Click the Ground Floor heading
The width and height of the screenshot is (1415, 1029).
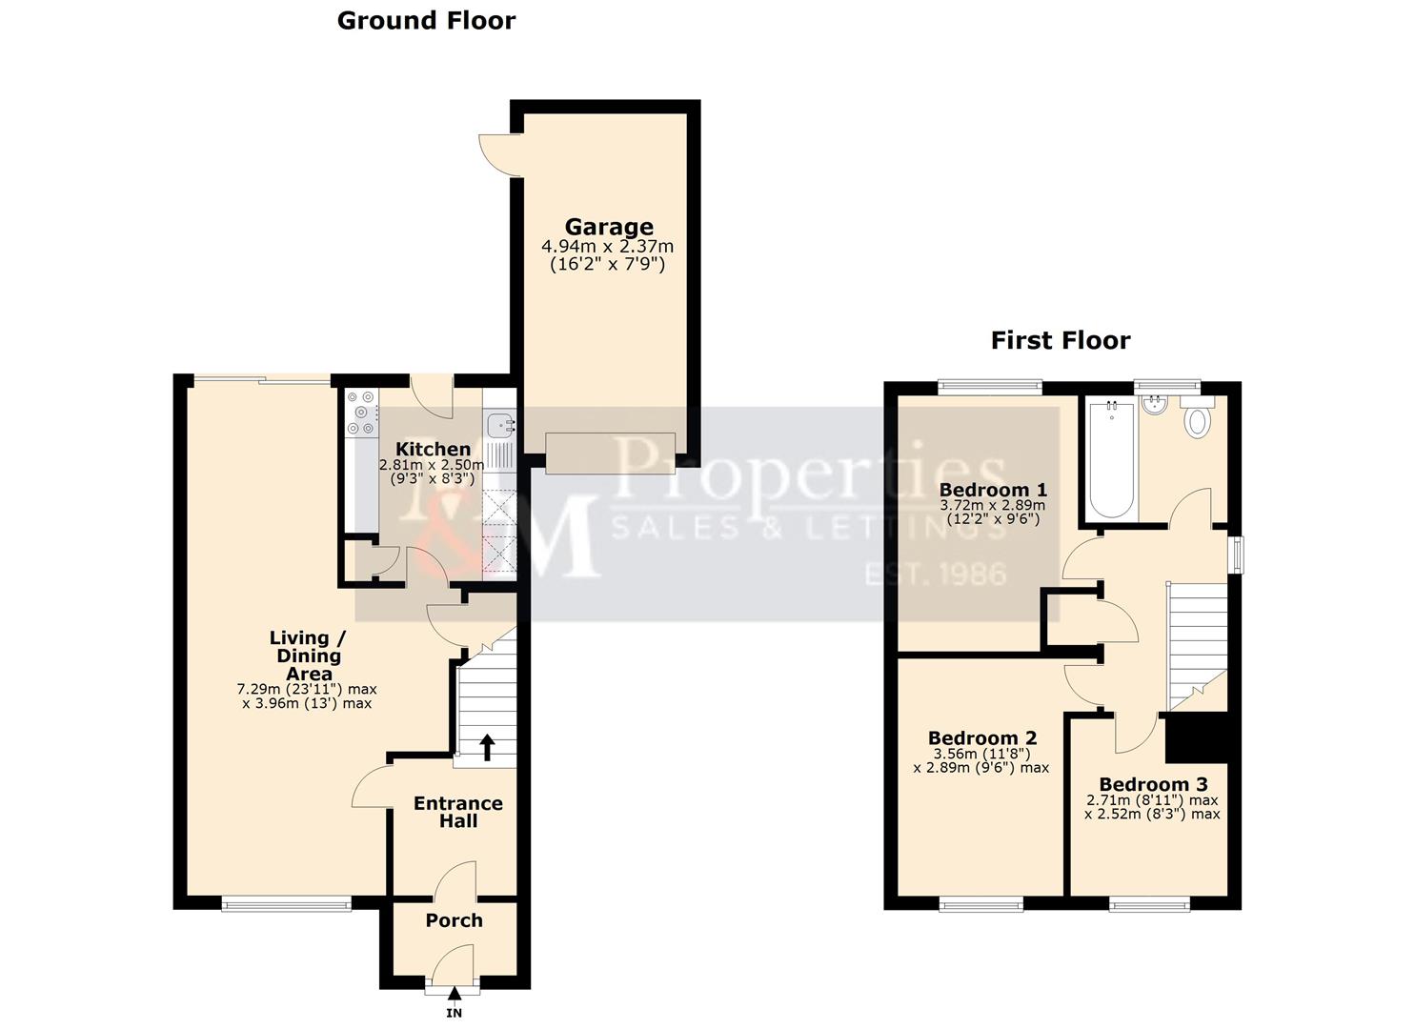pos(426,21)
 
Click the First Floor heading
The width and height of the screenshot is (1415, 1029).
pos(1060,341)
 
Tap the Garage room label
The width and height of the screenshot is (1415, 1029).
pos(609,227)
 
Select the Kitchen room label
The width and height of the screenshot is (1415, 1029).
pos(433,449)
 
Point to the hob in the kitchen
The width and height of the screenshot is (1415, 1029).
pos(361,414)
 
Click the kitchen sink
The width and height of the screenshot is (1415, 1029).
pos(499,424)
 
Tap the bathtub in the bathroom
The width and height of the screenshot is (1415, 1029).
pos(1111,459)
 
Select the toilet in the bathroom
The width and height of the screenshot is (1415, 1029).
pos(1197,418)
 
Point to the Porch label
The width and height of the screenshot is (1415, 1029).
pos(454,920)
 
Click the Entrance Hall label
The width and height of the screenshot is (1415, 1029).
pos(457,812)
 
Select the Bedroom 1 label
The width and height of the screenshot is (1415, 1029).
pos(993,490)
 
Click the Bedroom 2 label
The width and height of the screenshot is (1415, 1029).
pos(982,737)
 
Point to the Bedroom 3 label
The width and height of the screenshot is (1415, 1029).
pos(1153,784)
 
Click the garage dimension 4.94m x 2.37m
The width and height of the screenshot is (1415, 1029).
pos(607,247)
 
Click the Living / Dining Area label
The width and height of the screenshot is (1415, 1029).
pos(308,656)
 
